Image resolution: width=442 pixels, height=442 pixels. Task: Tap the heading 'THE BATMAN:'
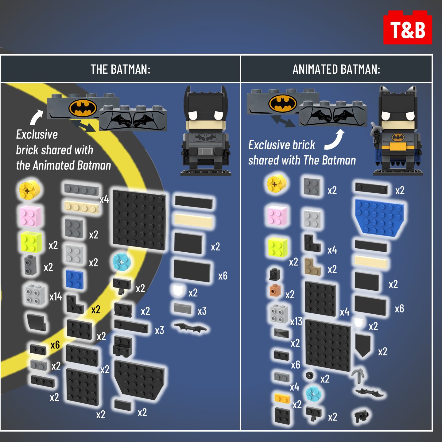pyautogui.click(x=120, y=69)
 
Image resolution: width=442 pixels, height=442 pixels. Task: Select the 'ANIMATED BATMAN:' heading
pyautogui.click(x=336, y=69)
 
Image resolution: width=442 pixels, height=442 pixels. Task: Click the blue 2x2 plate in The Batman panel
pyautogui.click(x=75, y=278)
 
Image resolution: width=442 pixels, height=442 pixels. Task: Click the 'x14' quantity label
pyautogui.click(x=56, y=297)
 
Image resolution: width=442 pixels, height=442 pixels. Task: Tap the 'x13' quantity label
pyautogui.click(x=296, y=321)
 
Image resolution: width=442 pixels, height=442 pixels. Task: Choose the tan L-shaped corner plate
pyautogui.click(x=312, y=266)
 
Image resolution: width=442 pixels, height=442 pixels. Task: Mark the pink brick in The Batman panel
pyautogui.click(x=30, y=216)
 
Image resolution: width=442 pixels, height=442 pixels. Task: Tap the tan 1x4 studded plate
pyautogui.click(x=82, y=207)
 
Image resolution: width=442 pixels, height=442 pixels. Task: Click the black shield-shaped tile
pyautogui.click(x=363, y=345)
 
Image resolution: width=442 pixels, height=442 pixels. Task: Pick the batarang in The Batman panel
pyautogui.click(x=190, y=328)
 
